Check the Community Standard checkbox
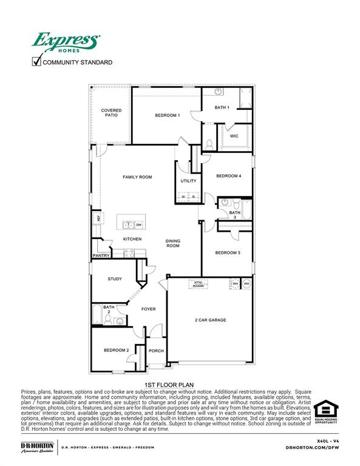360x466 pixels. tap(36, 61)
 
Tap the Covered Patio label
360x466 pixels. tap(111, 113)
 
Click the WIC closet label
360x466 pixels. tap(234, 136)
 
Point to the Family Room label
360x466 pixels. tap(137, 177)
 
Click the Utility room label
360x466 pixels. tap(188, 181)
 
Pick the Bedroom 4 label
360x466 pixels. tap(229, 176)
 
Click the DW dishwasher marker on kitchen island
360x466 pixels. tap(139, 225)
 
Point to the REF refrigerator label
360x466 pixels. tap(96, 218)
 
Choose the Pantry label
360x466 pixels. tap(100, 256)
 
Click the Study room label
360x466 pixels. tap(115, 279)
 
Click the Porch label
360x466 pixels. tap(156, 351)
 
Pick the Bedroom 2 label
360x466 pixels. tap(116, 350)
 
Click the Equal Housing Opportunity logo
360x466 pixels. tap(325, 413)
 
